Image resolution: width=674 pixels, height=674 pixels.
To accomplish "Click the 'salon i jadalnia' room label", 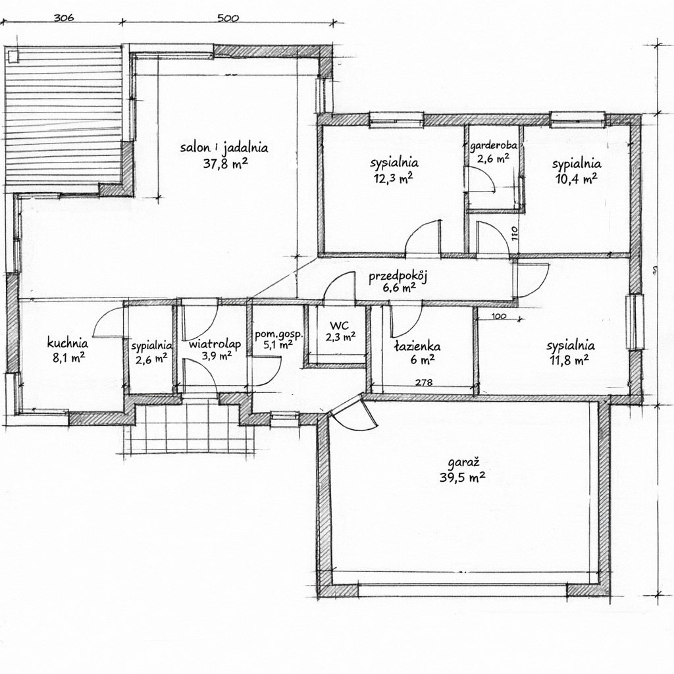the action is point(224,148).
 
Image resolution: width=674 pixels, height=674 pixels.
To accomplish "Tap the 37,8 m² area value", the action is point(226,163).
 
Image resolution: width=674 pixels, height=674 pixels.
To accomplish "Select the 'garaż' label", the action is point(463,463).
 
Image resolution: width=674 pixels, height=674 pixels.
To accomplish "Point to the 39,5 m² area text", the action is point(463,477).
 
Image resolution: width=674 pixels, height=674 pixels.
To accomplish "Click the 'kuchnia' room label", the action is point(68,343).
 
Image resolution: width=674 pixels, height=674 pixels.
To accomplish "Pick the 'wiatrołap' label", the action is point(215,344).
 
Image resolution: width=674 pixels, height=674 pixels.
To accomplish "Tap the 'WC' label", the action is point(340,325).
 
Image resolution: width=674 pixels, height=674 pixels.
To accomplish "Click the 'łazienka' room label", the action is point(417,346).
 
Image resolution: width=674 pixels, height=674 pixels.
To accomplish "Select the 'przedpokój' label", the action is point(398,277).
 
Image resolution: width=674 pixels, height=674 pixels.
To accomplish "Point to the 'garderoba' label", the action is point(494,146).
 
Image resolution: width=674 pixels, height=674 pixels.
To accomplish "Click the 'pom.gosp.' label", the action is point(279,334).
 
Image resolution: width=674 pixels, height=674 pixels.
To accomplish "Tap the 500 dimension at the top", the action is point(228,18).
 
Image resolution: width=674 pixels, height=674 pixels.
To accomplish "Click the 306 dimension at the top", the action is point(64,18).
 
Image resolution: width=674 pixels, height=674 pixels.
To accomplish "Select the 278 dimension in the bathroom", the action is point(424,382).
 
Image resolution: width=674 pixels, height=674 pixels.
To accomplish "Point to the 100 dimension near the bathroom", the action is point(498,317).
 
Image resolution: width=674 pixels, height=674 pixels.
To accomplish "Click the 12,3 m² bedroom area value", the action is point(394,178).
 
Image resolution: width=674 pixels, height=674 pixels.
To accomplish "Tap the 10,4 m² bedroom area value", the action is point(577,179).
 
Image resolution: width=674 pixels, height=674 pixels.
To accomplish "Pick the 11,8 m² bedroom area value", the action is point(569,360).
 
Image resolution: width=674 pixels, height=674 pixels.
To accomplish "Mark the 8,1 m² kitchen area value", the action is point(68,357).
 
